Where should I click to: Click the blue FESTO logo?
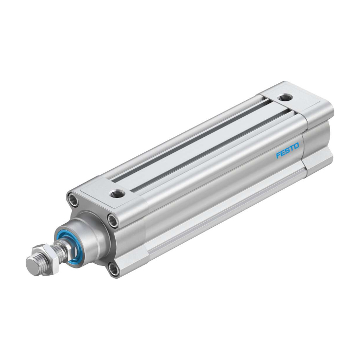coord(287,150)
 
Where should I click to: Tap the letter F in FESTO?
coord(278,155)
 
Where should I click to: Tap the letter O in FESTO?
coord(296,146)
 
